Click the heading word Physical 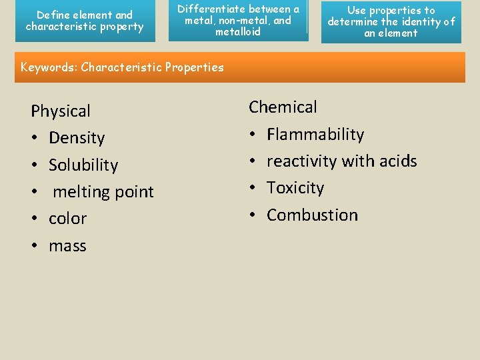click(61, 111)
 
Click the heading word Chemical click(283, 107)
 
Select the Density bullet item click(77, 138)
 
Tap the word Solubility click(83, 165)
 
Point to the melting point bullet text click(103, 192)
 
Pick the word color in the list click(68, 219)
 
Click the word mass click(67, 246)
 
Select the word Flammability click(315, 135)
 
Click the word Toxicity click(295, 188)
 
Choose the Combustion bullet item click(312, 215)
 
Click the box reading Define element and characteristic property click(85, 21)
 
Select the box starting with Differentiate click(238, 21)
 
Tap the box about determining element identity click(391, 21)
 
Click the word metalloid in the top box click(238, 31)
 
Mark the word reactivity click(302, 161)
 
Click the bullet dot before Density click(34, 139)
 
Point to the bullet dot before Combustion click(253, 215)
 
